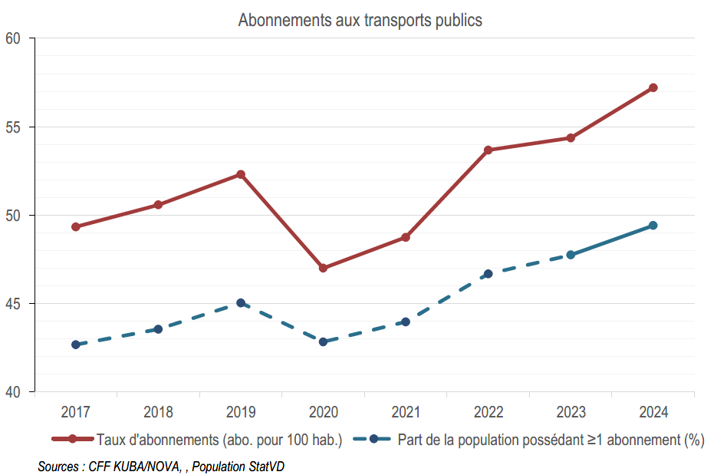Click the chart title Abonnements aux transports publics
point(360,20)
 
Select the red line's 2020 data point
point(323,268)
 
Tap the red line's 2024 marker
point(653,87)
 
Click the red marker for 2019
point(241,174)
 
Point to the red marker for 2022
point(489,150)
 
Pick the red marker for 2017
point(75,226)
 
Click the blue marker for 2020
point(323,341)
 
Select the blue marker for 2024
point(653,225)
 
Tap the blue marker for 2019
point(241,303)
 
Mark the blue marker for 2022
point(489,273)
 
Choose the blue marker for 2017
point(75,345)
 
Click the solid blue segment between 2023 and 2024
point(612,240)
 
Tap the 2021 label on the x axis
point(406,412)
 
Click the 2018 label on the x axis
point(158,412)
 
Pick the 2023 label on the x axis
point(571,412)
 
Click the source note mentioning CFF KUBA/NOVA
point(161,466)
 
